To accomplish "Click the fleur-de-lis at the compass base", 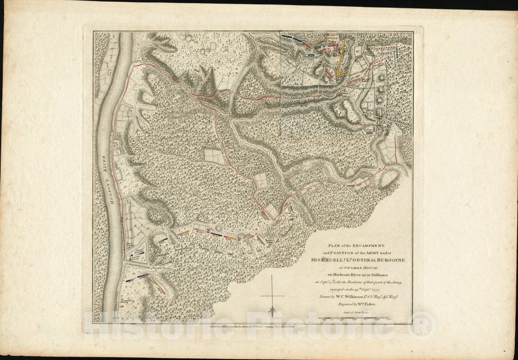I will click(x=272, y=311).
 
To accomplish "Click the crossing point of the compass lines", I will click(x=272, y=296).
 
